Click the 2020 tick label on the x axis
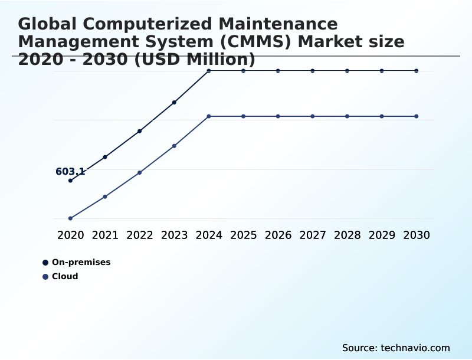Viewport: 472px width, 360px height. coord(70,235)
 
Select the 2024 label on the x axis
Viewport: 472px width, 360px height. coord(209,235)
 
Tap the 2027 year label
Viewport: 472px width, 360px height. coord(313,235)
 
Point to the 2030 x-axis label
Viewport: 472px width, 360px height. coord(417,235)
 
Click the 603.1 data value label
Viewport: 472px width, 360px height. coord(70,172)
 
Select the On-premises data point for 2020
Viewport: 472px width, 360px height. coord(70,181)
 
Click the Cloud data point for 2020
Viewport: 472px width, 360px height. coord(70,218)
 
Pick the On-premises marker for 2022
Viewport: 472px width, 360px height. coord(140,131)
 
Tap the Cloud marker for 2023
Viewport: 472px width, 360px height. coord(174,146)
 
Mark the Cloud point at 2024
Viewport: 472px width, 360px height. coord(209,116)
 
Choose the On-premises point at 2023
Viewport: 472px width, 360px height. coord(174,102)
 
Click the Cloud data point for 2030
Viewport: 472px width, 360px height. coord(417,116)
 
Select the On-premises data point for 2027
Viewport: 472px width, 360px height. coord(313,71)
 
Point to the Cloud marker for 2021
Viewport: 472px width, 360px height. coord(105,197)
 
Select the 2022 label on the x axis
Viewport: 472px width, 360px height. coord(140,235)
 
